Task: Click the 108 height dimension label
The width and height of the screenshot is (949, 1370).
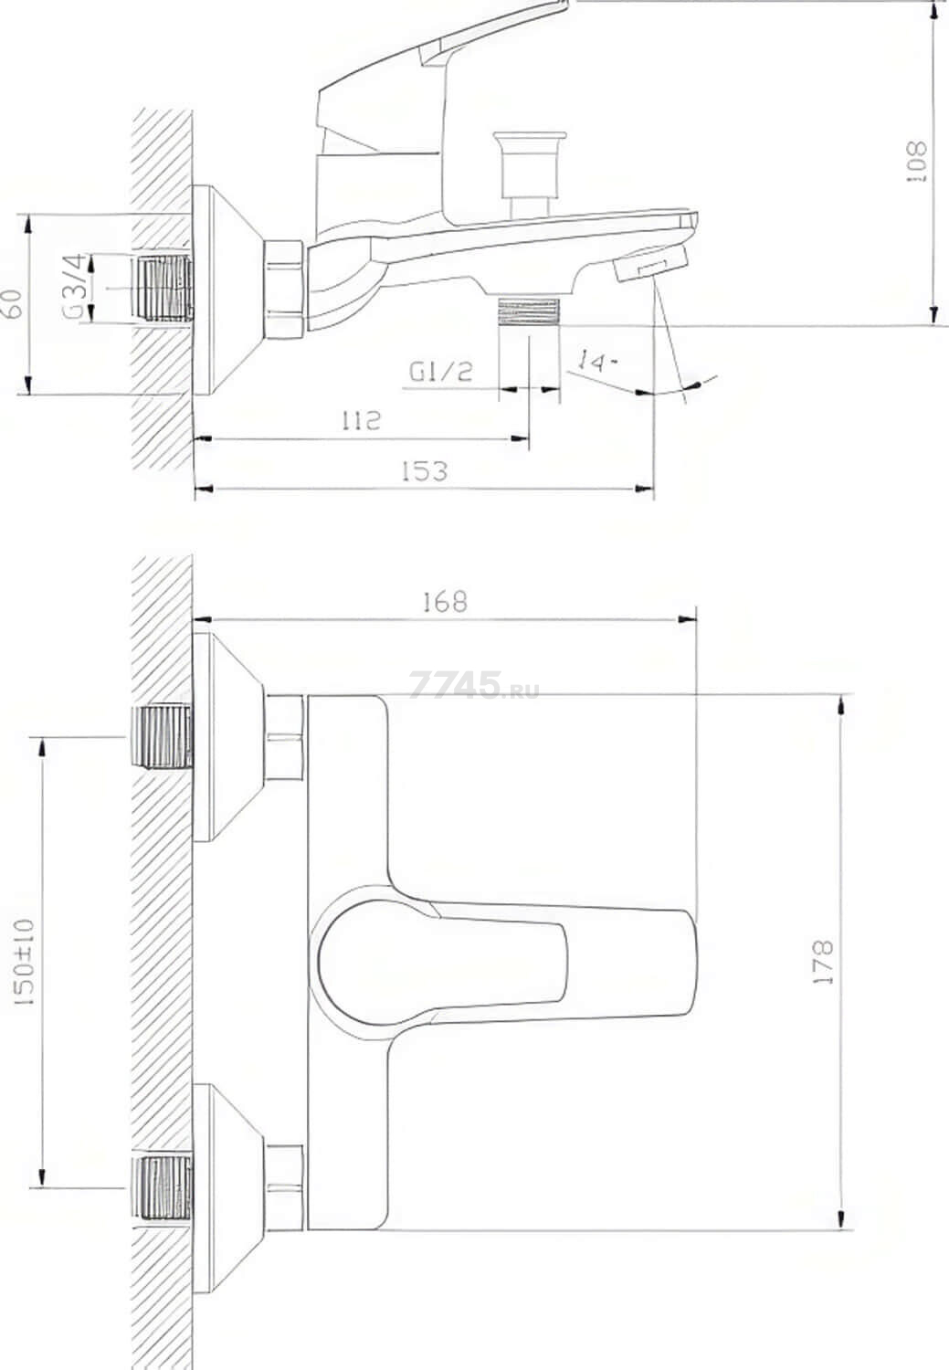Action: (x=917, y=162)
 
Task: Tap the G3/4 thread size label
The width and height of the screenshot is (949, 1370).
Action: (x=73, y=286)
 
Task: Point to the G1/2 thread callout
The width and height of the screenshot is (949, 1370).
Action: (x=440, y=371)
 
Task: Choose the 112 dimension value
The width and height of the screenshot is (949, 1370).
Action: (x=360, y=420)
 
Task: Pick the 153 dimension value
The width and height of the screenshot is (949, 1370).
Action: (x=425, y=471)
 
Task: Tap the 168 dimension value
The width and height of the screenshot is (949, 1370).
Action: (x=445, y=602)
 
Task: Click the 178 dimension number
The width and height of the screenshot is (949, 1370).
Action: (x=824, y=962)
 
